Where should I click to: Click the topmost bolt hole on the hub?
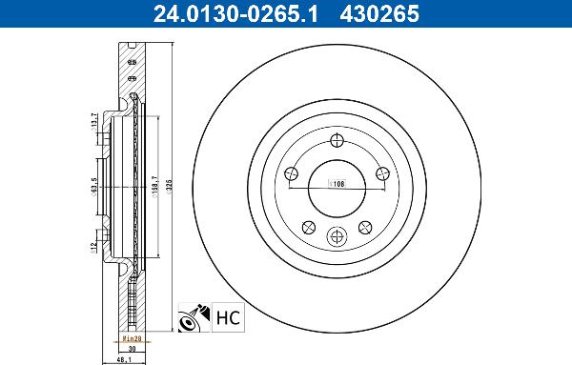click(x=338, y=141)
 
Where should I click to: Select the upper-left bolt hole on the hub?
click(x=293, y=172)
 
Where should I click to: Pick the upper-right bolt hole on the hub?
click(x=383, y=172)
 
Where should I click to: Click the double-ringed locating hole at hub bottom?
click(x=337, y=237)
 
